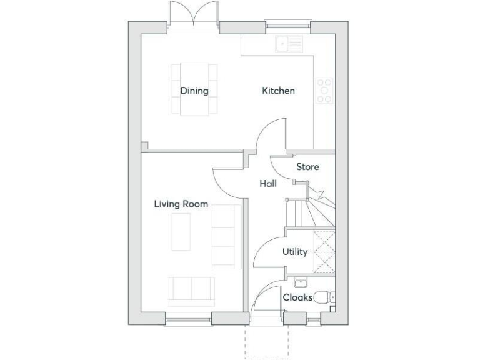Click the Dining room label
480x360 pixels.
tap(194, 91)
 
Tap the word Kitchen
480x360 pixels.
tap(278, 91)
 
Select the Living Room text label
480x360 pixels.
tap(181, 204)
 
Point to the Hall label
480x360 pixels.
tap(268, 184)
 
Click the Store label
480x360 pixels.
tap(307, 167)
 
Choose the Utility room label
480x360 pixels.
tap(294, 252)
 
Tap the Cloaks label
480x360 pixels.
tap(297, 297)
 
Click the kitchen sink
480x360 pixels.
tap(289, 44)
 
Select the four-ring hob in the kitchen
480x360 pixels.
tap(324, 90)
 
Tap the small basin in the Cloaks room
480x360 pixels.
tap(299, 282)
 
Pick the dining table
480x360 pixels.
tap(194, 89)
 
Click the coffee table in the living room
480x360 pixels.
tap(181, 231)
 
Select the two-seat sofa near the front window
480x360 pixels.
tap(190, 289)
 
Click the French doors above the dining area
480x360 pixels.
tap(193, 14)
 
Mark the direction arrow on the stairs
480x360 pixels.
tap(316, 190)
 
